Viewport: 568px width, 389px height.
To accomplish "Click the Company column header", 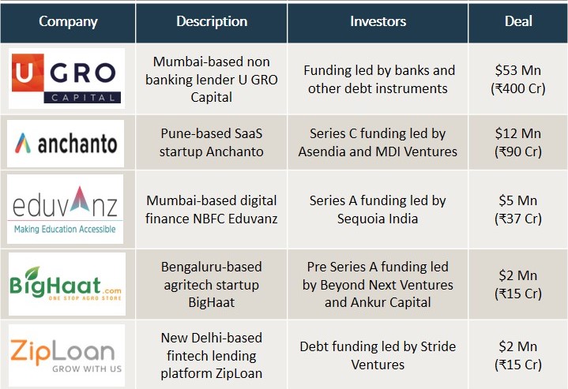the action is [x=68, y=21].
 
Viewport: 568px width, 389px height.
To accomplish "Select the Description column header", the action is [x=212, y=21].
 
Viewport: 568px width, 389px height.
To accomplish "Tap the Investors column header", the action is [x=378, y=21].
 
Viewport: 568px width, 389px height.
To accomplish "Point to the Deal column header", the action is [x=518, y=21].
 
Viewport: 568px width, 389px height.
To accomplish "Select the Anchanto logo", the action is [x=66, y=144].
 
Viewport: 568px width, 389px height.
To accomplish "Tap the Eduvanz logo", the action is [x=66, y=209].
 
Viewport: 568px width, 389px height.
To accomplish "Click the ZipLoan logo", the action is [x=66, y=355].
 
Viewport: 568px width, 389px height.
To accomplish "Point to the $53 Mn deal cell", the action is [x=518, y=79].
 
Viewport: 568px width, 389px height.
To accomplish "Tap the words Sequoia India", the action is [x=378, y=219].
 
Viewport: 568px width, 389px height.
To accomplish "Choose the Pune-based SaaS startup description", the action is [x=212, y=143].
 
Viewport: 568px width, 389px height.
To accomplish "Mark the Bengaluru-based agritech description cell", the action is [x=212, y=284].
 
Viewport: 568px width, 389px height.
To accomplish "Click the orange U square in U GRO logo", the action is [x=28, y=73].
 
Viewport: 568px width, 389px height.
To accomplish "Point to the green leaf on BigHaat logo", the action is [x=32, y=273].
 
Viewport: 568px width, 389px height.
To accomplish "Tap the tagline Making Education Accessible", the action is [x=65, y=229].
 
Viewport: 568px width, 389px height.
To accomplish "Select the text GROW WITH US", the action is [x=87, y=368].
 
